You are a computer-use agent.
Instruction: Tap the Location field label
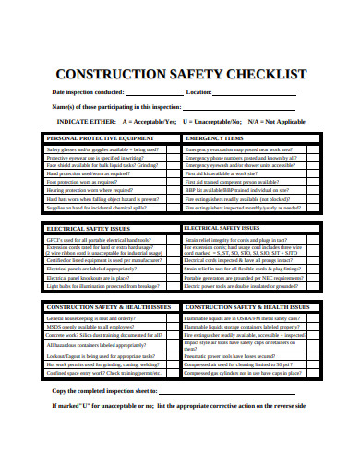201,92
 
